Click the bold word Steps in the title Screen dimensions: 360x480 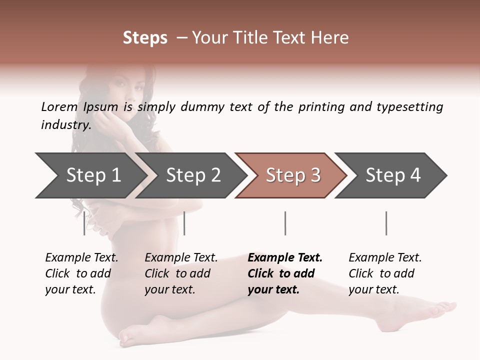pos(145,38)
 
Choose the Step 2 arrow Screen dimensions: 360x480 pos(193,175)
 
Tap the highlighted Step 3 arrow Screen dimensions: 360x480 pos(293,175)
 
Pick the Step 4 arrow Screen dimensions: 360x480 pos(393,175)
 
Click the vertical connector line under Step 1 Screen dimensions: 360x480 pos(84,223)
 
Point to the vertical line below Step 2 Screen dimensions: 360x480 pos(184,223)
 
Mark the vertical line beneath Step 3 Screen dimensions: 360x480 pos(285,223)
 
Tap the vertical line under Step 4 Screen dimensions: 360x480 pos(386,223)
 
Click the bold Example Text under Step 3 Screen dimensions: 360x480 pos(285,257)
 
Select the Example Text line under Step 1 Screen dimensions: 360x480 pos(81,257)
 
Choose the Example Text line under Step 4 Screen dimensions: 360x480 pos(385,257)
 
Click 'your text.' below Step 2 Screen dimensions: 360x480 pos(169,289)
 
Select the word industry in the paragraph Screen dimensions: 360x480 pos(65,124)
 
